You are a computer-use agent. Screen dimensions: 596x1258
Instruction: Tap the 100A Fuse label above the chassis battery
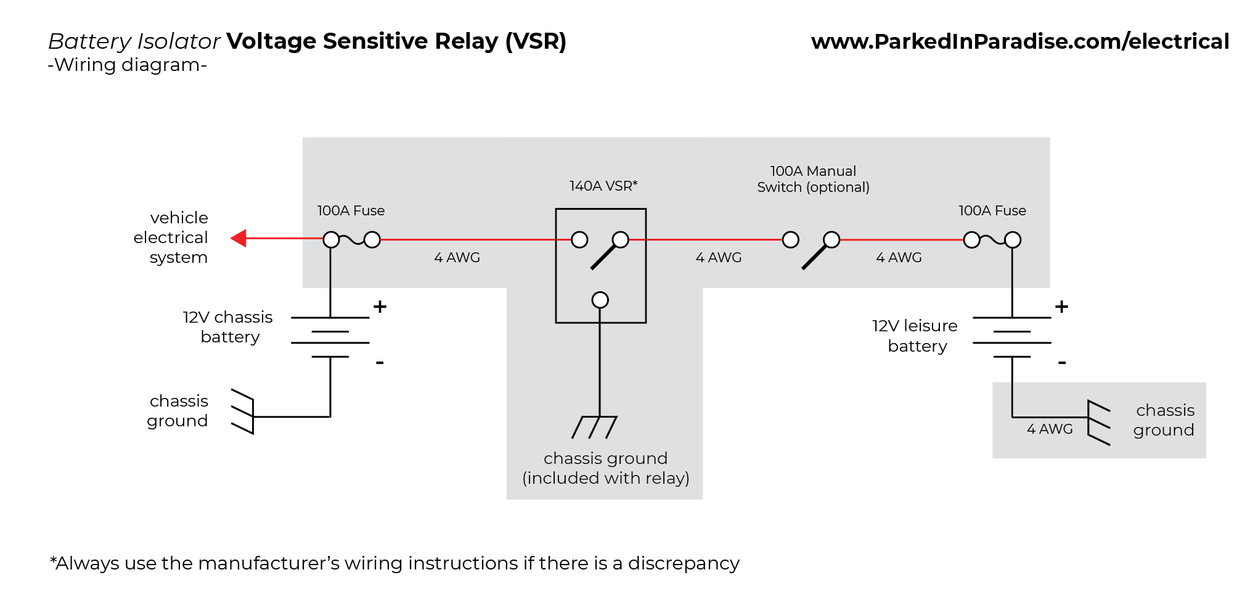(x=351, y=211)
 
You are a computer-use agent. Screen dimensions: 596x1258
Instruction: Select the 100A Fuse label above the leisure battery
(x=992, y=211)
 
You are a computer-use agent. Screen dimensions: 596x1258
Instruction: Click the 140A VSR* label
(x=603, y=186)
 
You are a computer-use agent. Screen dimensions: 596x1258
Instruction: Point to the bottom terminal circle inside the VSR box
(x=600, y=300)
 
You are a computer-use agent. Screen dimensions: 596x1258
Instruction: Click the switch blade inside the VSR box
(x=604, y=256)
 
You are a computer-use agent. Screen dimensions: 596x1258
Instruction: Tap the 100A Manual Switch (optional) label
(x=813, y=179)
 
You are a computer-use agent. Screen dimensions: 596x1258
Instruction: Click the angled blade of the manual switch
(x=815, y=256)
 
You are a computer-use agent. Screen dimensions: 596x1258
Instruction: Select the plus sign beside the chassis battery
(x=380, y=307)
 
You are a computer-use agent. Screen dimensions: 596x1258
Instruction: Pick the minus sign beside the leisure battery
(x=1061, y=363)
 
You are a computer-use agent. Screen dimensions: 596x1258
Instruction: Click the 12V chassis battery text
(x=228, y=327)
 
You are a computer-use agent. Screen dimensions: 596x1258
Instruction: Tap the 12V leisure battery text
(x=915, y=336)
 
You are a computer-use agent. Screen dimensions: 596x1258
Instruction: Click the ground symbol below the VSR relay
(x=594, y=427)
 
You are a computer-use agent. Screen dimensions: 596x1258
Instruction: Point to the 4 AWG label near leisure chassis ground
(x=1049, y=429)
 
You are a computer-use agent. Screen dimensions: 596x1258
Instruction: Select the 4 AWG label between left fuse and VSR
(x=457, y=257)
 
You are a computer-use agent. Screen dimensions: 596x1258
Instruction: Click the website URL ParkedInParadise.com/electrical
(x=1020, y=41)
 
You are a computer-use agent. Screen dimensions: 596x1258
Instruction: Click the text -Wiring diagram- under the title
(x=127, y=65)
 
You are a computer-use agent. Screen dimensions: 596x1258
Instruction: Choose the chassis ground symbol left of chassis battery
(x=243, y=412)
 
